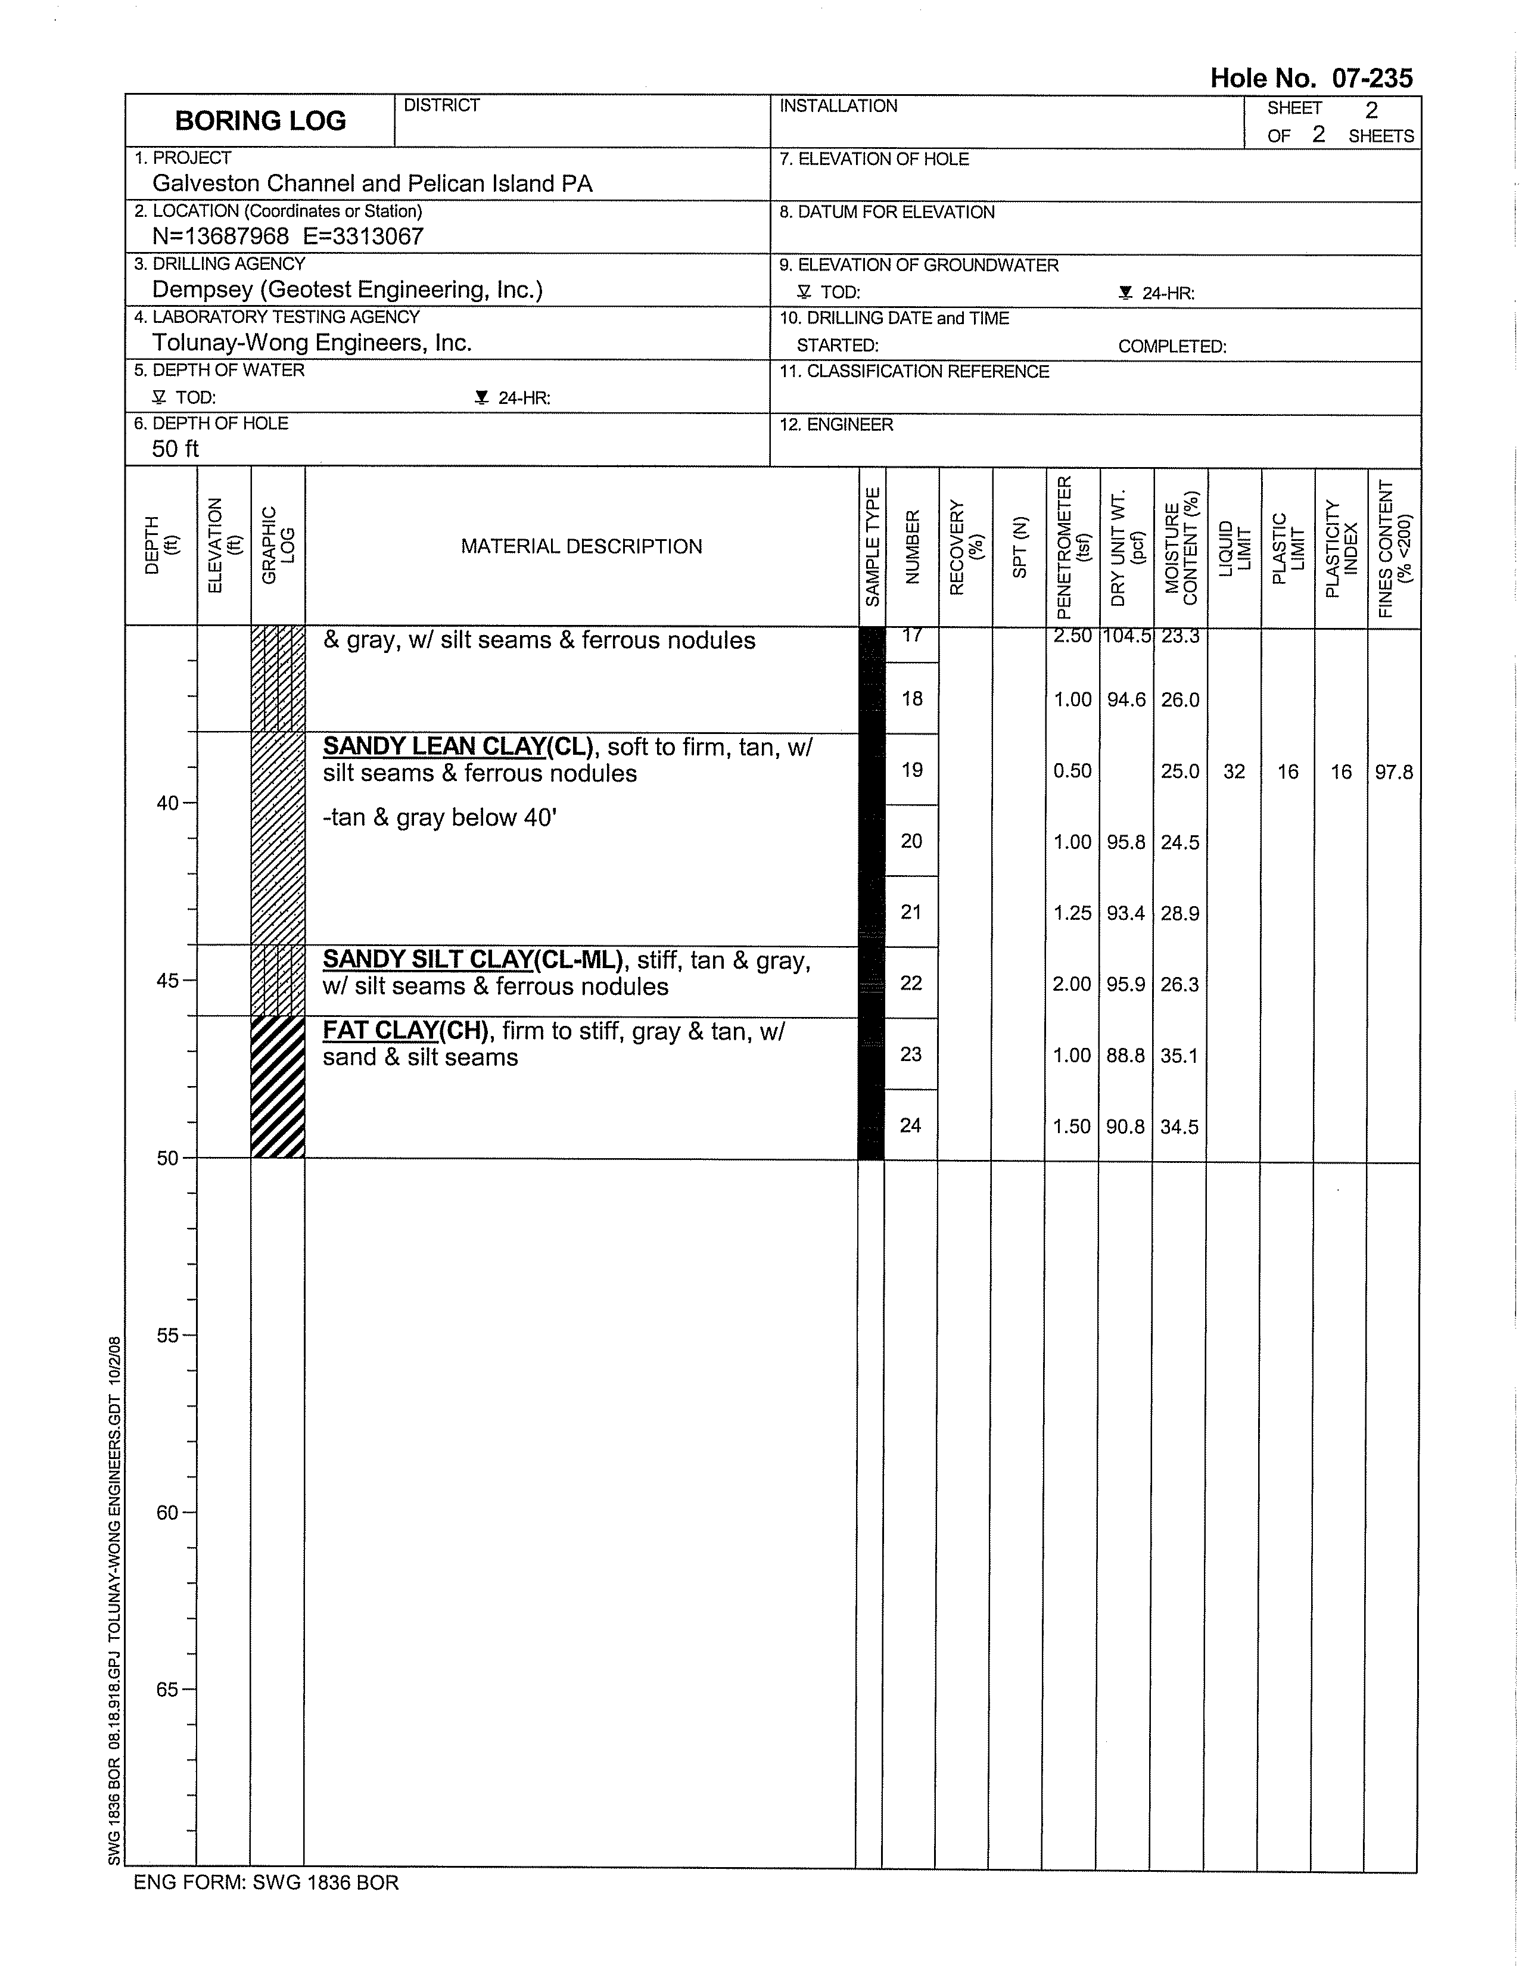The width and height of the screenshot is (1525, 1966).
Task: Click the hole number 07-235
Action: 1371,78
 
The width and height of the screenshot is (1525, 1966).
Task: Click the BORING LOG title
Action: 260,120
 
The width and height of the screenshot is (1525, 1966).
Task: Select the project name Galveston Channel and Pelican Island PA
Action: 372,183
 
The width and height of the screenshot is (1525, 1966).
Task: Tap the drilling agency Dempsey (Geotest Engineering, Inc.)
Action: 347,290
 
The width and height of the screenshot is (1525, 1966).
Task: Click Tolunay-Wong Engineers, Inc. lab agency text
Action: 312,343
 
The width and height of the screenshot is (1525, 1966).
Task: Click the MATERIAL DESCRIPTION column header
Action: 581,546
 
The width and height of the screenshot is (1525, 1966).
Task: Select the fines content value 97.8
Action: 1393,772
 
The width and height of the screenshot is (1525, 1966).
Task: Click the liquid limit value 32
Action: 1233,772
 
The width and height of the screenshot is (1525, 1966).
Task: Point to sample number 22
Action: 911,983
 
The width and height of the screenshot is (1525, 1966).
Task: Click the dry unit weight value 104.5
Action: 1125,636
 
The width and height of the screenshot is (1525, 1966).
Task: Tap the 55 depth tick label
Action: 167,1336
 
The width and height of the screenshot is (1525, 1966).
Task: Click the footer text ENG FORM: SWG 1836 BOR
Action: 266,1882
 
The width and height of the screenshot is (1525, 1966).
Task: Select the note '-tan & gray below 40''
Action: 439,817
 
